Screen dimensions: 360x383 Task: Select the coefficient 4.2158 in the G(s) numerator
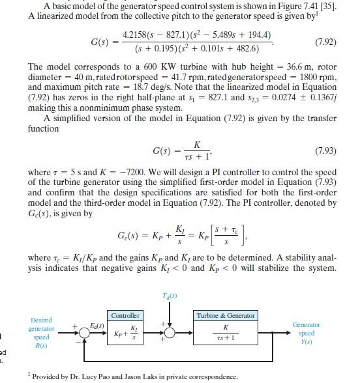point(135,34)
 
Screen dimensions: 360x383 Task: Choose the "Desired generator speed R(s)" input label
point(41,333)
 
